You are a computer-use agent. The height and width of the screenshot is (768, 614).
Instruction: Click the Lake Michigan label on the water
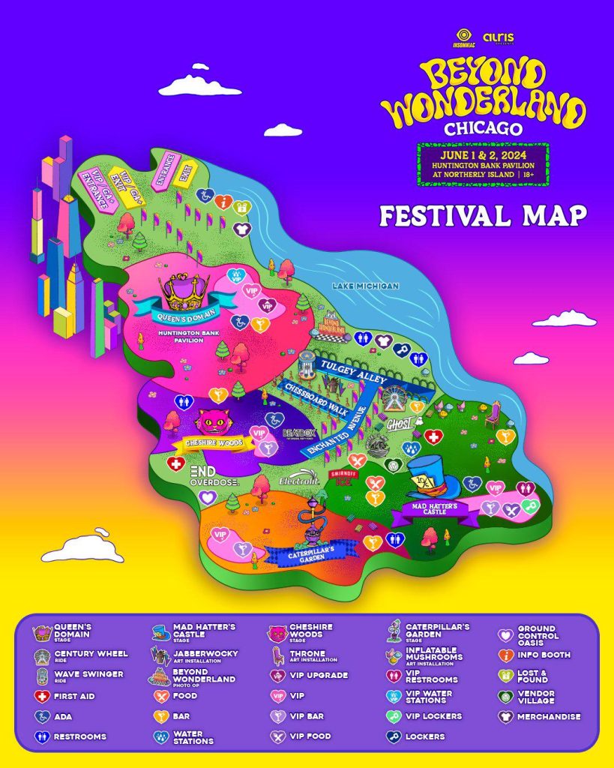point(367,286)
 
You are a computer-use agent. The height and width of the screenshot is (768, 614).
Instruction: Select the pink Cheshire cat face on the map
point(212,422)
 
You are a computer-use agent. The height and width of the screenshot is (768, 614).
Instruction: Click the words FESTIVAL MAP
point(483,214)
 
